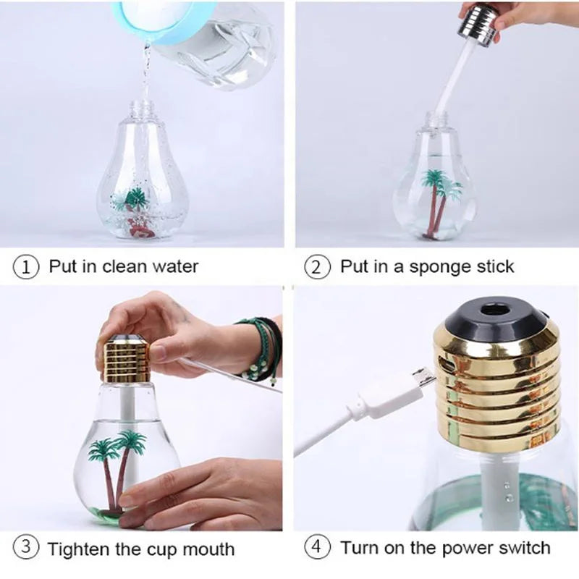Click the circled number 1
point(26,267)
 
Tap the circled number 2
point(317,267)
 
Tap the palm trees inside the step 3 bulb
point(117,471)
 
